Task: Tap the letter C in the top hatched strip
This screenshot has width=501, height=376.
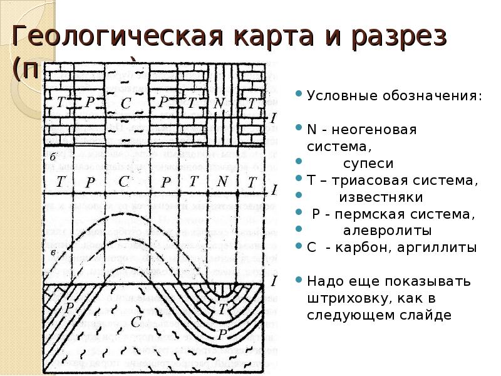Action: (x=126, y=104)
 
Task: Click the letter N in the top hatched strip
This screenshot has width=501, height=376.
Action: (x=220, y=103)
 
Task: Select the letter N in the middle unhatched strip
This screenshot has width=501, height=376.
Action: (x=221, y=182)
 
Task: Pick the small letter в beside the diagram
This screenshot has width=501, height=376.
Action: (x=54, y=252)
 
